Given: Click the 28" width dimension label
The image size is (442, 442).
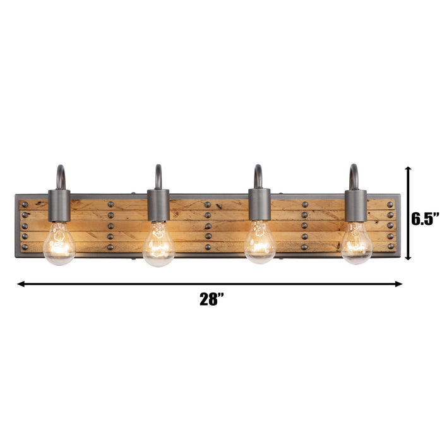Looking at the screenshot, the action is coord(212,299).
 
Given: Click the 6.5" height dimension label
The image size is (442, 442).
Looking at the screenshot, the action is coord(425,218).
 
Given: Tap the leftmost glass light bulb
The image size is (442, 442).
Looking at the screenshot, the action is coord(59,243).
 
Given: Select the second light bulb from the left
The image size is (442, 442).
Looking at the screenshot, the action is coord(158,244).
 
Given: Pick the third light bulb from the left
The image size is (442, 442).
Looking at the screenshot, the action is coord(260,242).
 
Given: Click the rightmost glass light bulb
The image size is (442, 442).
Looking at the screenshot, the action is coord(356,243).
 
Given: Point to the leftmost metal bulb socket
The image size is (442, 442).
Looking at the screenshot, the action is coord(59,205).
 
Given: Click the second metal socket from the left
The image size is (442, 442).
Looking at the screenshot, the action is coord(158,205).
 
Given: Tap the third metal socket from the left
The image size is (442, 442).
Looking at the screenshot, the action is coord(260,205).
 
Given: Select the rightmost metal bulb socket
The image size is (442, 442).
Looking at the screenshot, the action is coord(355,206).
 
